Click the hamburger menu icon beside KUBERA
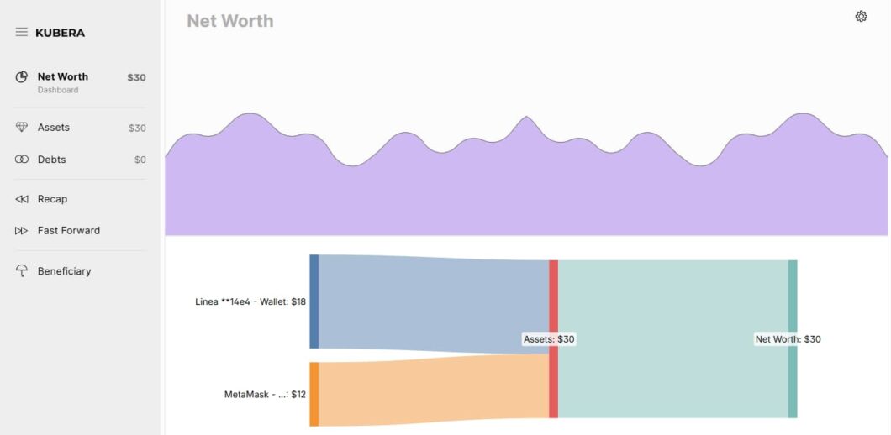tap(22, 32)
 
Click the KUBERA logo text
tap(60, 33)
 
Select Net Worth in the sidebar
tap(62, 76)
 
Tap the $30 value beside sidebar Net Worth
tap(136, 77)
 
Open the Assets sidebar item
tap(54, 128)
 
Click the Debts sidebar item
tap(51, 160)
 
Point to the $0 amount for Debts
tap(140, 160)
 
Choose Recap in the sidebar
tap(52, 199)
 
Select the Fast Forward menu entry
tap(68, 230)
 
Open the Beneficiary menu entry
tap(64, 271)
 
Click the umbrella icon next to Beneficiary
tap(22, 271)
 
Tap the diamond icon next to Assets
tap(22, 128)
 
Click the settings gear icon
tap(861, 17)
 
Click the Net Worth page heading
tap(229, 21)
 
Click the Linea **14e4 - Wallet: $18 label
tap(250, 301)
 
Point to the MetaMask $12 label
tap(265, 394)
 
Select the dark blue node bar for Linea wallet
tap(314, 301)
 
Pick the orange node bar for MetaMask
tap(314, 394)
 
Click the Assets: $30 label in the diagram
tap(549, 339)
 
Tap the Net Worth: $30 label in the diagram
tap(788, 339)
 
